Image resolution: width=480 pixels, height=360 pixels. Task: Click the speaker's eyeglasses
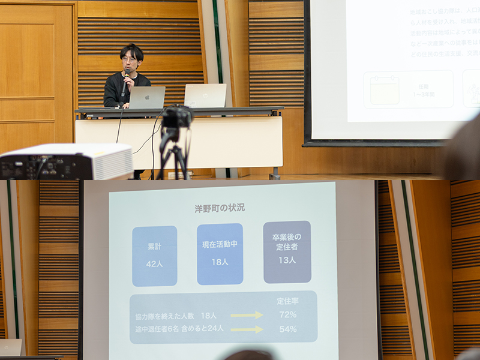coord(130,60)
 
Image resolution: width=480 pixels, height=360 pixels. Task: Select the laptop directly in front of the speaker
coord(147,97)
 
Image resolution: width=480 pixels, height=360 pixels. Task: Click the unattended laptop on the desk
coord(205,95)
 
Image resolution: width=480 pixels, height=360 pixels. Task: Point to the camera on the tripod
coord(177,116)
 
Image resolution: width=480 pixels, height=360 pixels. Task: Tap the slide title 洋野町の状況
coord(220,208)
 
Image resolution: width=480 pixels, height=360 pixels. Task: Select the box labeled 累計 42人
coord(154,256)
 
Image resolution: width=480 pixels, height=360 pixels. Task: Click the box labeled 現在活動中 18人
coord(220,254)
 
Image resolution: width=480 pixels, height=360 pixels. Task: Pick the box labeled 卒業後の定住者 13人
coord(287,252)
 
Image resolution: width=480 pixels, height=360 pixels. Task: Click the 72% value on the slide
coord(287,314)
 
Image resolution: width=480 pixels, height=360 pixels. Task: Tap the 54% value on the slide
coord(287,329)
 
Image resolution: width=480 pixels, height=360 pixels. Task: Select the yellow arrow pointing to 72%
coord(247,315)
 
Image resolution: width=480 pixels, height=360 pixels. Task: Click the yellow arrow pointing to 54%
coord(247,329)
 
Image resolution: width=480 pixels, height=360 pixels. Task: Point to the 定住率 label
coord(288,301)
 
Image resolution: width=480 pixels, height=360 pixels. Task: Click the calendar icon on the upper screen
coord(385,90)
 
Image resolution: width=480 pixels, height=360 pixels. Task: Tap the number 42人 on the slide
coord(154,263)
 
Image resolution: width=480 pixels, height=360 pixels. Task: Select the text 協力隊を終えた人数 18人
coord(176,316)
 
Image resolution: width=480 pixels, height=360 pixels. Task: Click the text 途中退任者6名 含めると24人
coord(179,329)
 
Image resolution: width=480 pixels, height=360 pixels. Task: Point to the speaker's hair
coord(132,50)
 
